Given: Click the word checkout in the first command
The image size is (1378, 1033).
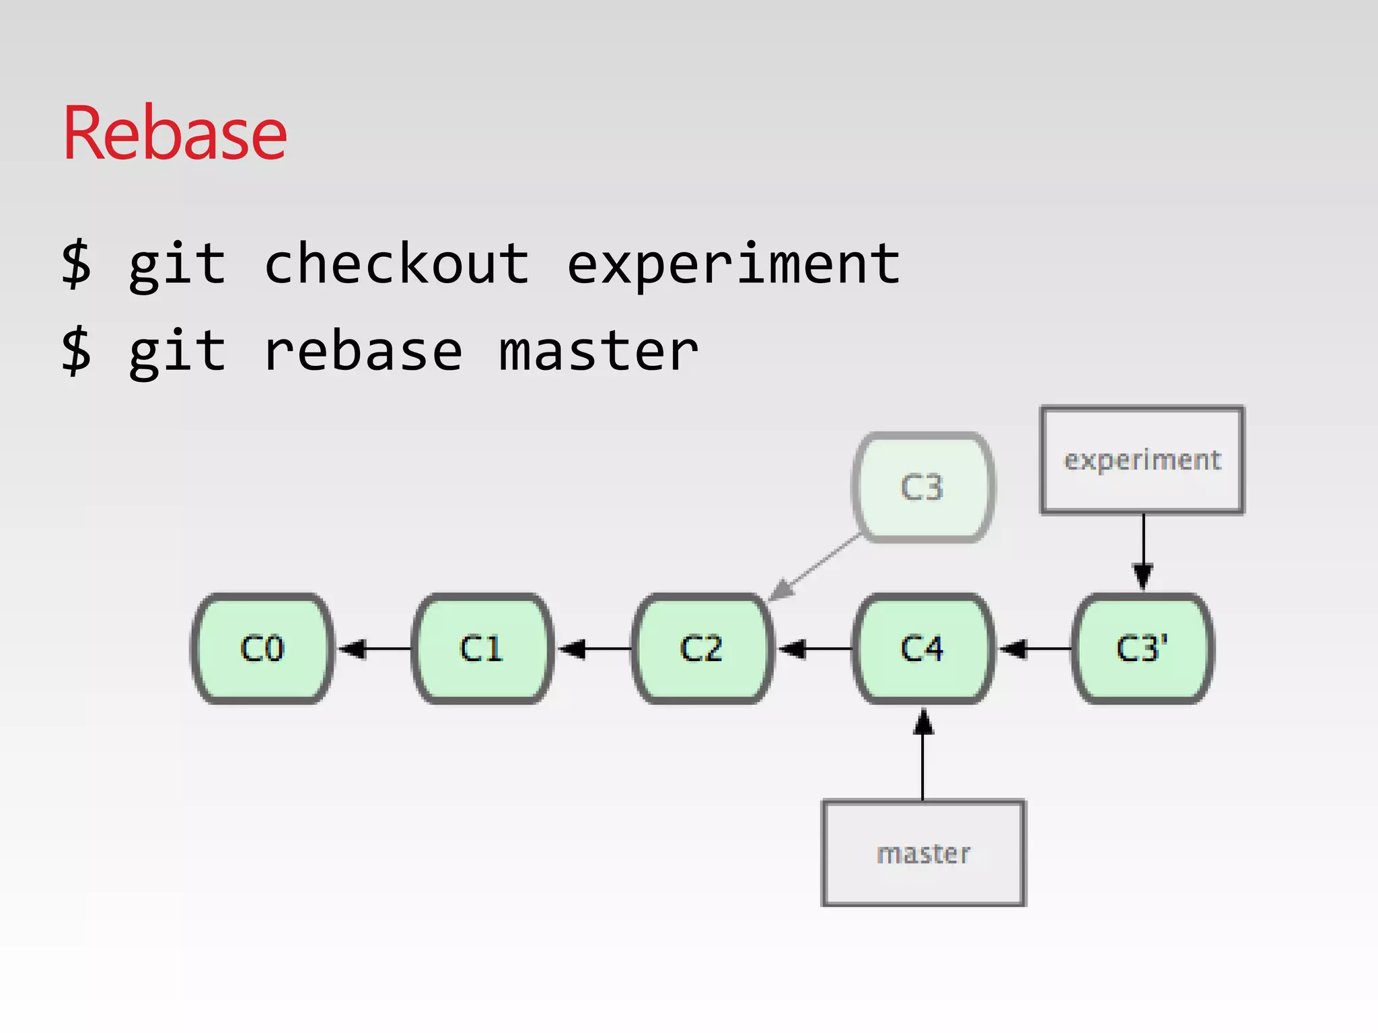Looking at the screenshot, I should pos(397,264).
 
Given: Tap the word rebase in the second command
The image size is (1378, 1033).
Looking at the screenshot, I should pos(363,352).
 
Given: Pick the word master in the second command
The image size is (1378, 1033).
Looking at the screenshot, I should pos(599,352).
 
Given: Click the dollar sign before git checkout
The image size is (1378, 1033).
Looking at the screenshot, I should pos(76,264).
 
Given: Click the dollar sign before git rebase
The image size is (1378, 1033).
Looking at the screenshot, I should pos(76,352).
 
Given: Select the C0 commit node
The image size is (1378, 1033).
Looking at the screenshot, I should pos(262,649).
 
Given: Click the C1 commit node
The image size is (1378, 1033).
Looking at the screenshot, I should pos(482,649).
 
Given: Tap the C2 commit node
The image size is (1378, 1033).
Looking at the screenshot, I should pos(702,649).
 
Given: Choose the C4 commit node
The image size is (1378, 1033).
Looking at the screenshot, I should pos(922,649).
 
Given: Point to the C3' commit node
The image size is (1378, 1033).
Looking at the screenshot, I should pos(1143,649).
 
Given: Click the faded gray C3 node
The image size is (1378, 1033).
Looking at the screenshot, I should pos(922,487).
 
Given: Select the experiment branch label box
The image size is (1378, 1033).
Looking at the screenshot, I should pos(1142,460).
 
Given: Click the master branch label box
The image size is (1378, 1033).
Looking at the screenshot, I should pos(923,853).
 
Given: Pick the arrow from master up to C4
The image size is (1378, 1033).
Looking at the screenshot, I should pos(923,753).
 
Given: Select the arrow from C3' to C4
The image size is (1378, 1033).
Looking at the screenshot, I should pos(1033,649).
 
